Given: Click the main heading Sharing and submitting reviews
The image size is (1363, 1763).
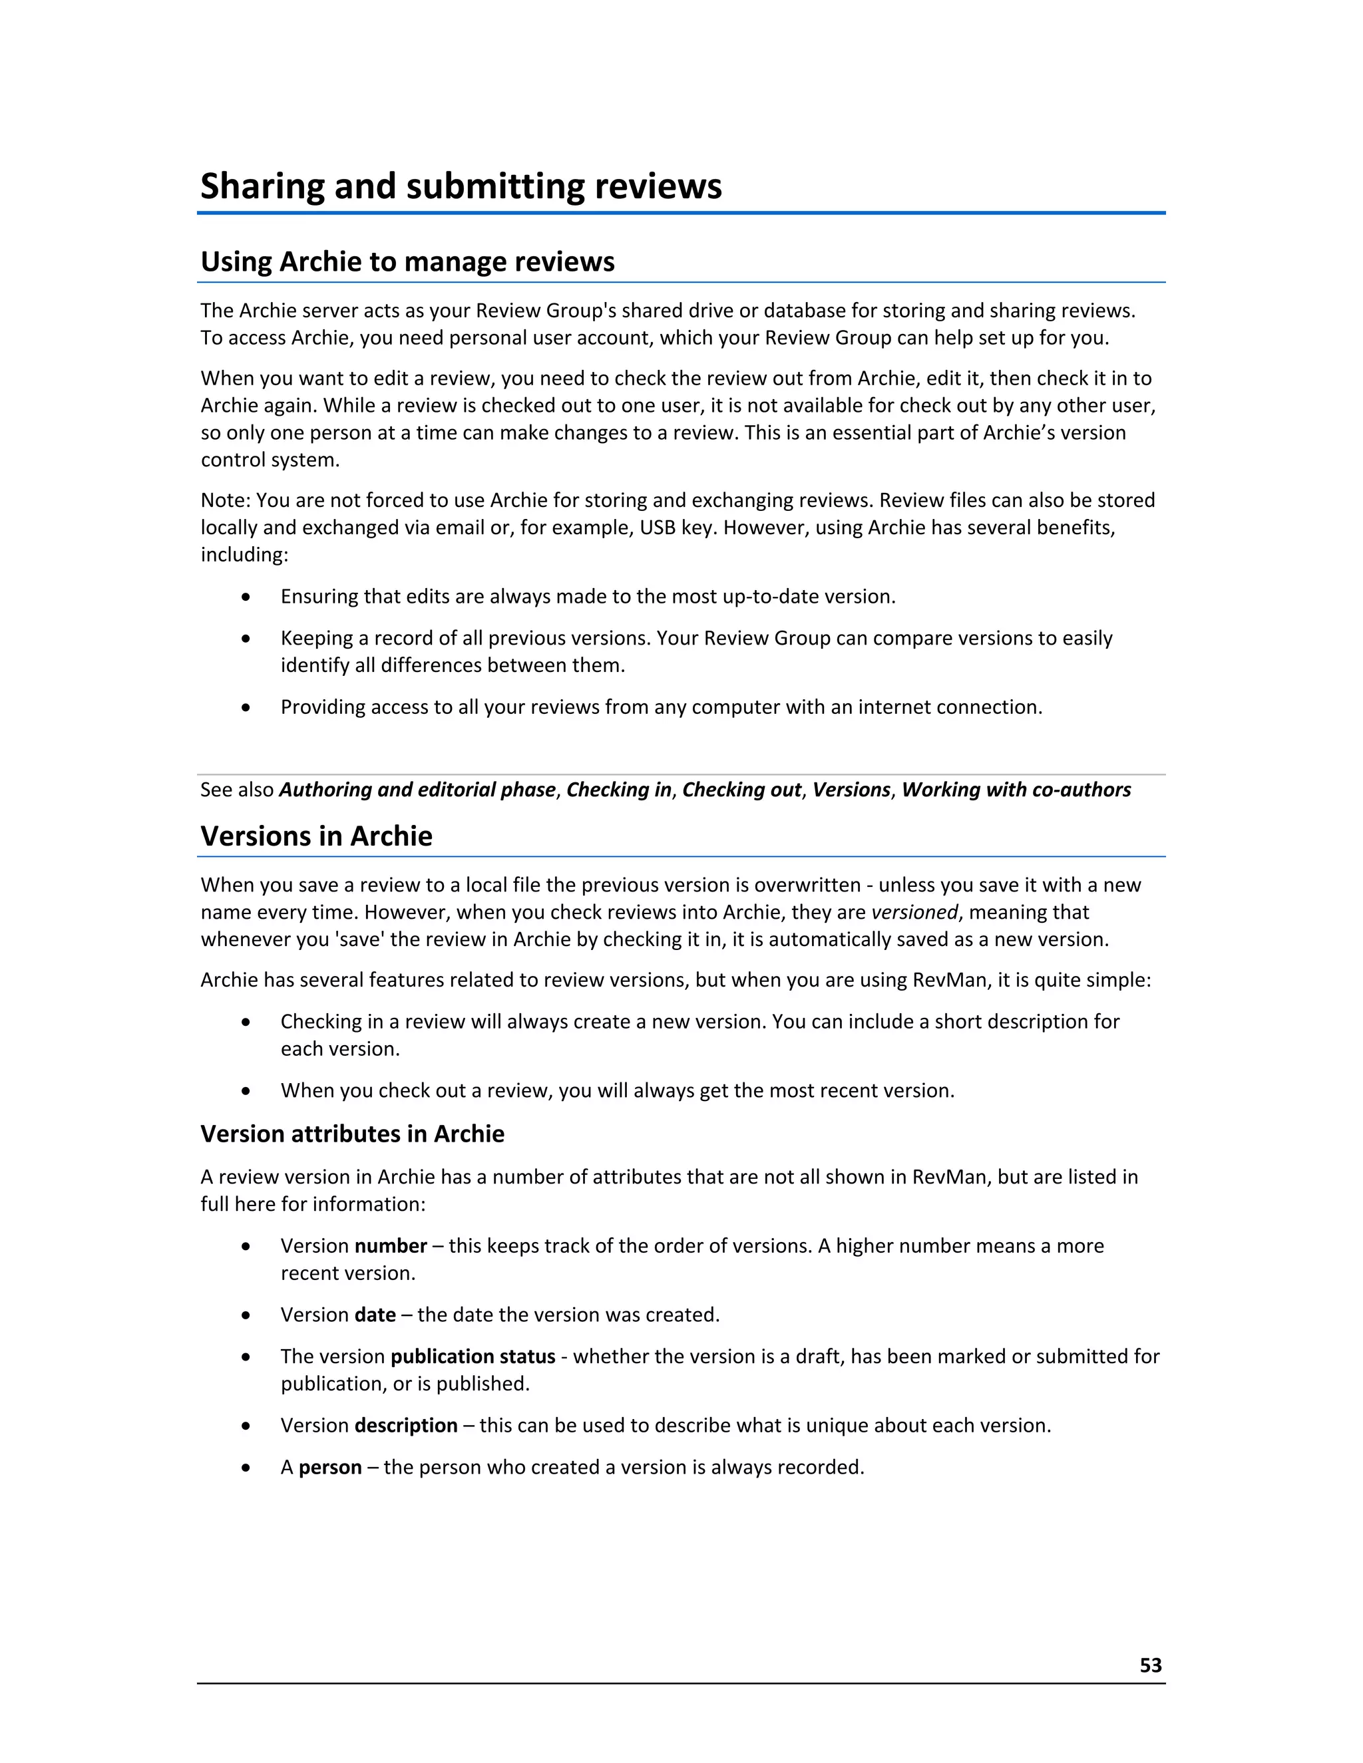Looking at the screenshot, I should [x=461, y=186].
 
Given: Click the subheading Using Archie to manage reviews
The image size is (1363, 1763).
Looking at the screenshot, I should [x=407, y=261].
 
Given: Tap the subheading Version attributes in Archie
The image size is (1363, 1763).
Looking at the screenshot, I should [x=352, y=1134].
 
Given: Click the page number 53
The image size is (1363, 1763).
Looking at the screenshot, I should [x=1150, y=1665].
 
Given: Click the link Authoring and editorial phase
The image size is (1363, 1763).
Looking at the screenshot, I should [x=417, y=790].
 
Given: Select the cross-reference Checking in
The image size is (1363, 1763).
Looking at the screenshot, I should [x=618, y=790].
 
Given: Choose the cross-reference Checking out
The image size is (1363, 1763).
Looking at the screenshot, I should [x=741, y=790].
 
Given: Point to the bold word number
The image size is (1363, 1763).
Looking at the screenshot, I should [x=391, y=1245].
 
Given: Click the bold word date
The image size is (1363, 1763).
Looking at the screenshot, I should [x=375, y=1315].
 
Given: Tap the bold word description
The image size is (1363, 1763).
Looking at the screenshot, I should [x=405, y=1426].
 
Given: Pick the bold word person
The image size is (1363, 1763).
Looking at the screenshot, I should [x=329, y=1467].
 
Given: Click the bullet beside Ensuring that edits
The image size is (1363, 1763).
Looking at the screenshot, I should [x=246, y=597].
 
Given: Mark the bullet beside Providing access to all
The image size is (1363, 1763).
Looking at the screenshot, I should [x=246, y=708].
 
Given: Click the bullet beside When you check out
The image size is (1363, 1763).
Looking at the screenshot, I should [x=246, y=1091].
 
